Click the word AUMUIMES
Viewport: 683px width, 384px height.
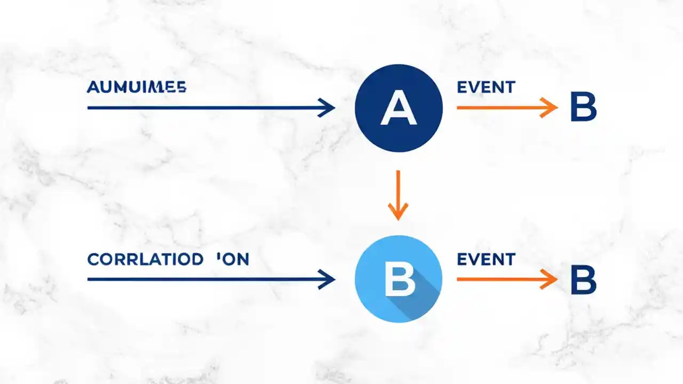[x=136, y=87]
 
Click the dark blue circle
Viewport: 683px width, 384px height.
[x=399, y=107]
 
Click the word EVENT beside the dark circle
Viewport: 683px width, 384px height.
[x=486, y=87]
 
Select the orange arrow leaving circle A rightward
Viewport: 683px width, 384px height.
[x=502, y=108]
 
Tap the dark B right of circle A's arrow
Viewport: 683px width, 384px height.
[x=583, y=108]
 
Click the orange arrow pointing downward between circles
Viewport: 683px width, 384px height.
[x=398, y=192]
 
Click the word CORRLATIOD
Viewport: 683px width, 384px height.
[x=145, y=260]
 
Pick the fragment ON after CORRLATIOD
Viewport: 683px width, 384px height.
[x=233, y=260]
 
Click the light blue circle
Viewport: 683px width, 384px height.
[x=399, y=278]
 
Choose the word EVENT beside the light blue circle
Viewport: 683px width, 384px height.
[x=486, y=260]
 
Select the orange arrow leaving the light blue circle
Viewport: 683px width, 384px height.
[x=502, y=279]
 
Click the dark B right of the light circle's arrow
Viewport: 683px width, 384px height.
[x=583, y=280]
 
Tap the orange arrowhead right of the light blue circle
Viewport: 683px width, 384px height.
[x=550, y=279]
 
